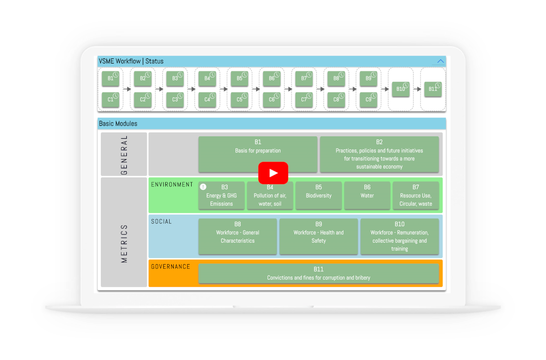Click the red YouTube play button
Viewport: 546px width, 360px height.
(x=273, y=173)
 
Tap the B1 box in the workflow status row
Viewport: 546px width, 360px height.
(x=110, y=79)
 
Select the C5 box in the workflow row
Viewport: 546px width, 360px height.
(x=239, y=100)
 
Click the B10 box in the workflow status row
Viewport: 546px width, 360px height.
(x=400, y=89)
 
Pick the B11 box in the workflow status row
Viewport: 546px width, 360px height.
(x=433, y=89)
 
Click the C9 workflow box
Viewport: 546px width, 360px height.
(x=368, y=100)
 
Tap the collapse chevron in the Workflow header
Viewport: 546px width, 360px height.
(x=441, y=61)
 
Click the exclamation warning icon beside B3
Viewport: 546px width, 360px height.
(x=203, y=187)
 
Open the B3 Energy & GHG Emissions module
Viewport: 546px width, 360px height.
(x=222, y=196)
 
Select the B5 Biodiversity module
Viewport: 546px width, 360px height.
(x=318, y=196)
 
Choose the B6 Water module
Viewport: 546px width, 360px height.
(x=367, y=196)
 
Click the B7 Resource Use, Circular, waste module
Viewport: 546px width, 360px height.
(x=416, y=196)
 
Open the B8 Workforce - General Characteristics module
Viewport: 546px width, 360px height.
(x=238, y=236)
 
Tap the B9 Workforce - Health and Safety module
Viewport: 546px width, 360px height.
(x=318, y=236)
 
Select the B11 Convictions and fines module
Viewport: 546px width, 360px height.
(x=318, y=274)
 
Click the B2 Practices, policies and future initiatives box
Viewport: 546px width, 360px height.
(x=379, y=154)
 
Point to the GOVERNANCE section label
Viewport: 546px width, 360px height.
(x=171, y=267)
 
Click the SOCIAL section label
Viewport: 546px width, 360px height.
(x=161, y=222)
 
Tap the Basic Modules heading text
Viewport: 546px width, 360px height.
(x=118, y=124)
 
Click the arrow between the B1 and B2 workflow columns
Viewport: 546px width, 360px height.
(x=127, y=89)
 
